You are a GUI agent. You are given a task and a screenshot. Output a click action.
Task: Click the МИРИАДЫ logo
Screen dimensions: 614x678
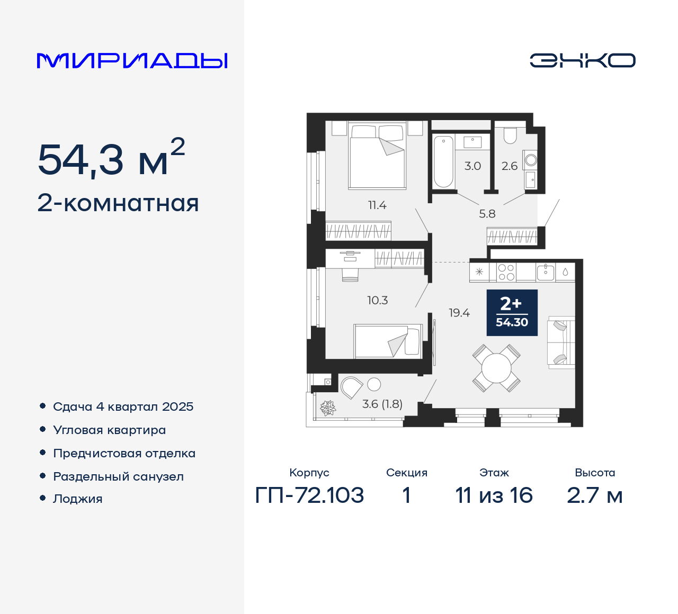click(x=132, y=61)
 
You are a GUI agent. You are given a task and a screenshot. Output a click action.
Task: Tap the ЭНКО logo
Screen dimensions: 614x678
click(x=582, y=60)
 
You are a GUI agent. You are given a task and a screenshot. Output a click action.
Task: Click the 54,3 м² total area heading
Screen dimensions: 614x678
click(x=111, y=158)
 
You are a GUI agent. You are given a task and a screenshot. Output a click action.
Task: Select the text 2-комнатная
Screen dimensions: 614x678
click(x=118, y=203)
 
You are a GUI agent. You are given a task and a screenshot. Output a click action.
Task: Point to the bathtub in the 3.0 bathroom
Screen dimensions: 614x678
click(x=443, y=161)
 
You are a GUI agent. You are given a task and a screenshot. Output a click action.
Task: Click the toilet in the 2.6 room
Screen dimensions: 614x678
click(x=510, y=136)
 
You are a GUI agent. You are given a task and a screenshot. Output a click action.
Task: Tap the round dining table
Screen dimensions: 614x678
click(x=496, y=368)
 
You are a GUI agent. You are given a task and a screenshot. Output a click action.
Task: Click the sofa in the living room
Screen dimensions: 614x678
click(x=561, y=343)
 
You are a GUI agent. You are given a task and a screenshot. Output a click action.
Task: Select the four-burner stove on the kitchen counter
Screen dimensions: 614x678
click(x=506, y=272)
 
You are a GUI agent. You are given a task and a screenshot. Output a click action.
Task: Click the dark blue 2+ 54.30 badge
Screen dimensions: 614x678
click(x=512, y=313)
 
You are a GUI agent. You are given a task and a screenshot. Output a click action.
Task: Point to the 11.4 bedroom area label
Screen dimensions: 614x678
click(x=377, y=205)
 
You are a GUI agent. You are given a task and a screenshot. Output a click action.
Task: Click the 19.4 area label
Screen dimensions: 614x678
click(x=459, y=313)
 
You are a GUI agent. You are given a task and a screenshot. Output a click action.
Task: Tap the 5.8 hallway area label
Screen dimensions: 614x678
click(x=487, y=214)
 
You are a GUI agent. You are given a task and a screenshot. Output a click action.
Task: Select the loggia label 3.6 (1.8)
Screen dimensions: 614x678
click(x=382, y=404)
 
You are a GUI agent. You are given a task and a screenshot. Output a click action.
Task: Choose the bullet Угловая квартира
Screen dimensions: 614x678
click(x=109, y=430)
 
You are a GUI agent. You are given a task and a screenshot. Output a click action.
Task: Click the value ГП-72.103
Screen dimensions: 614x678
click(x=309, y=495)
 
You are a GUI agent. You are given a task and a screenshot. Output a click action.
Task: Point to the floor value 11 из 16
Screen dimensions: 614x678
click(x=494, y=495)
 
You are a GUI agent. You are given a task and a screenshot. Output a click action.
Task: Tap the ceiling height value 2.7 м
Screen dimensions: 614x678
click(x=594, y=495)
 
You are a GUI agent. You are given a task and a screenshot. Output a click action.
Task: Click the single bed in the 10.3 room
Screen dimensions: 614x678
click(x=388, y=341)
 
